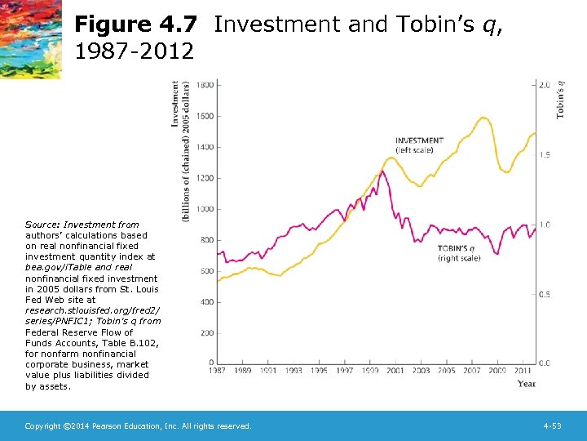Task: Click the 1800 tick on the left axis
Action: pos(205,85)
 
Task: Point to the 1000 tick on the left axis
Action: pos(205,209)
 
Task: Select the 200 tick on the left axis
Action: pos(207,333)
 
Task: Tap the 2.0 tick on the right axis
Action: pos(544,85)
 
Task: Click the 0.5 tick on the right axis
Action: pos(544,294)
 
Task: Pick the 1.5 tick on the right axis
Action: pos(544,154)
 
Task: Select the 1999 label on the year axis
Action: pos(370,371)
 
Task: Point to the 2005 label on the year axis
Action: pos(446,371)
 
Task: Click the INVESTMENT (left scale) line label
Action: pos(419,145)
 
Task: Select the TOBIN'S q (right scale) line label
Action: pos(458,252)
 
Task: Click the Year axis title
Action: pos(527,383)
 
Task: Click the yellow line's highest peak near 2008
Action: pos(483,118)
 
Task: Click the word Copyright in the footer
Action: pos(42,426)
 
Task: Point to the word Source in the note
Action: pos(41,225)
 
